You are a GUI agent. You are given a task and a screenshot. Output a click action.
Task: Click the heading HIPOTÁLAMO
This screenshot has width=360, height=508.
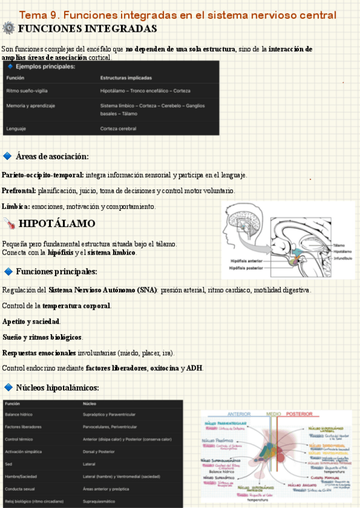[x=57, y=224]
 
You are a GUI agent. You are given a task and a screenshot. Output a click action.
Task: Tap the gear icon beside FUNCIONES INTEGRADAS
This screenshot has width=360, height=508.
[x=8, y=28]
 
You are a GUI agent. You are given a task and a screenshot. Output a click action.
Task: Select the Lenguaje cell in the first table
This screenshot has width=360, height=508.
[x=17, y=129]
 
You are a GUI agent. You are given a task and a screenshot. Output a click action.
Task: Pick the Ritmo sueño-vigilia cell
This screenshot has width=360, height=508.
[x=27, y=91]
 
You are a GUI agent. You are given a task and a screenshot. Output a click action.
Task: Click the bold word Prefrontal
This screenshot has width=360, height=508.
[x=19, y=190]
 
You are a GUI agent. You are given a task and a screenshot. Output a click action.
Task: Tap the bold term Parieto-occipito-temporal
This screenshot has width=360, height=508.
[x=43, y=175]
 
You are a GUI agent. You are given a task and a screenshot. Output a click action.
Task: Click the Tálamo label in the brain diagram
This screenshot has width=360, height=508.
[x=339, y=246]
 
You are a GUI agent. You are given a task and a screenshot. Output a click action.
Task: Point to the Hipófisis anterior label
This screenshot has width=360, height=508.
[x=247, y=261]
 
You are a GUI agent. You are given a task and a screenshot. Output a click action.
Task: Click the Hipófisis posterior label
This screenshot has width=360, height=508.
[x=247, y=268]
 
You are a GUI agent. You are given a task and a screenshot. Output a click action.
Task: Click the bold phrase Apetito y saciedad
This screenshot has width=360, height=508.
[x=31, y=321]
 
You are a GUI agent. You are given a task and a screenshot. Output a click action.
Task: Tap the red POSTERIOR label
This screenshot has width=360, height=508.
[x=300, y=414]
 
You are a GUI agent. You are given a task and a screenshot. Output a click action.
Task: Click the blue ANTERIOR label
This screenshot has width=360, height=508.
[x=239, y=414]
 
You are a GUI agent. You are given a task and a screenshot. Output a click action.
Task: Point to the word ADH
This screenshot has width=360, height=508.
[x=194, y=368]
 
